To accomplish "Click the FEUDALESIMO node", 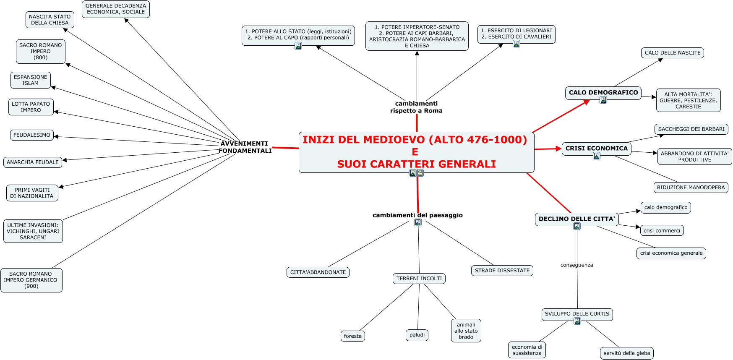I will coord(32,135).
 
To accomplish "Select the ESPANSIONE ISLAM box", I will coord(31,80).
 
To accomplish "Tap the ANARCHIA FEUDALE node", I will coord(33,162).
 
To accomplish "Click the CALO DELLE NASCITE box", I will coord(672,53).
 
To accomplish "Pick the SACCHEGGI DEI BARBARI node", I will coord(691,129).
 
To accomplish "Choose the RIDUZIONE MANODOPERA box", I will coord(691,188).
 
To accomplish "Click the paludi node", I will coord(417,335).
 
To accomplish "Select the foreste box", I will coord(352,336).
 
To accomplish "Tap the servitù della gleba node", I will coord(626,353).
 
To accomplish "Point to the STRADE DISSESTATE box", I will coord(502,271).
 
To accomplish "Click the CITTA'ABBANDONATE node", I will coord(318,272).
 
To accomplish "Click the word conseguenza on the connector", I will coord(576,265).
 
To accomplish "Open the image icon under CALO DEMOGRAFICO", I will coord(603,100).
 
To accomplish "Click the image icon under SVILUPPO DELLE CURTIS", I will coord(577,321).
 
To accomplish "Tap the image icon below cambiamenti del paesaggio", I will coord(417,222).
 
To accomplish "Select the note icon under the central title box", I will coord(420,173).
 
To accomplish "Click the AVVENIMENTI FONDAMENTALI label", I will coord(245,147).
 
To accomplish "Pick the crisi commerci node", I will coord(662,230).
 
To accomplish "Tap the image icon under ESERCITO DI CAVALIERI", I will coord(516,44).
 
